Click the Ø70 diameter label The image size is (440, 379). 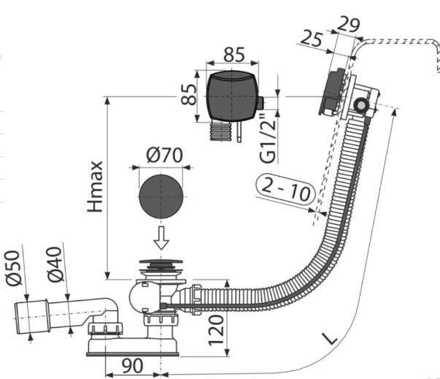[x=163, y=156]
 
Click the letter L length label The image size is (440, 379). [x=331, y=338]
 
